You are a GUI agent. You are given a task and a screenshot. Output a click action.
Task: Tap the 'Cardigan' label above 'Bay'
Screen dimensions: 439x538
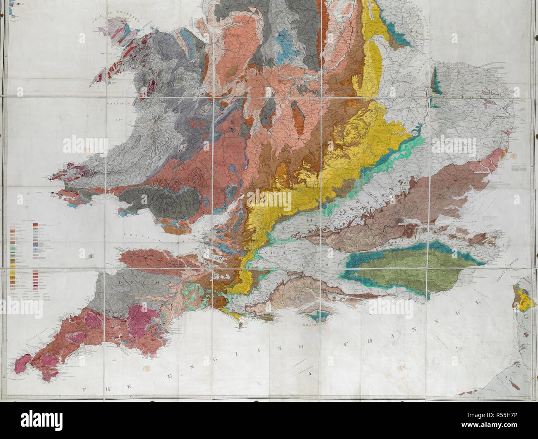116,105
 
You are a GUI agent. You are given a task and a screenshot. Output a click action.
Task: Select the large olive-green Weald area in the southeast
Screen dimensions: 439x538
393,273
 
